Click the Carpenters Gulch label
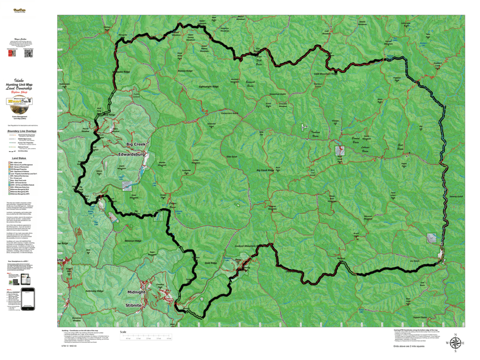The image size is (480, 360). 227,113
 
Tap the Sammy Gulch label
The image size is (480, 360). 455,197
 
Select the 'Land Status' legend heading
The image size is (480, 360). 19,159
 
